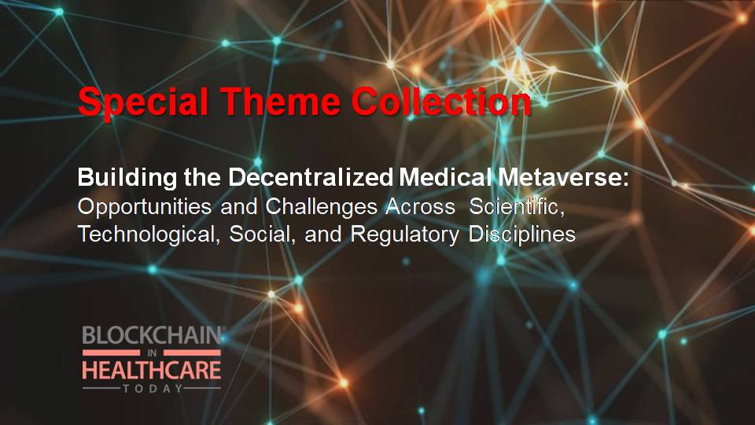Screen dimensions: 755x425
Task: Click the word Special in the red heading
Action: [x=143, y=102]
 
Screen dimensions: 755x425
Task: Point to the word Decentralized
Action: [x=311, y=177]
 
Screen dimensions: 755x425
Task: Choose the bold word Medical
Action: [x=445, y=177]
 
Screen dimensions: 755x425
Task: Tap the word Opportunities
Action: [x=145, y=207]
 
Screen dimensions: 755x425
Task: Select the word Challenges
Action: [x=321, y=206]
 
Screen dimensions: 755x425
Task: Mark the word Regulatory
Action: [x=404, y=235]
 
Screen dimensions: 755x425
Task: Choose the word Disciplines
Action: [x=522, y=235]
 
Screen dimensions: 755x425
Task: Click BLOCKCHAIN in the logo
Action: [x=152, y=335]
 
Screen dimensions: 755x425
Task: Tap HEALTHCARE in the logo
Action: [x=152, y=370]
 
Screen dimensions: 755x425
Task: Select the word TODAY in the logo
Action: [x=153, y=388]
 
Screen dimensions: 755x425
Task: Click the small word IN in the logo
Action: [x=152, y=353]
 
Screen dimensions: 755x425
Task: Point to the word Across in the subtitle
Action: [x=420, y=206]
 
